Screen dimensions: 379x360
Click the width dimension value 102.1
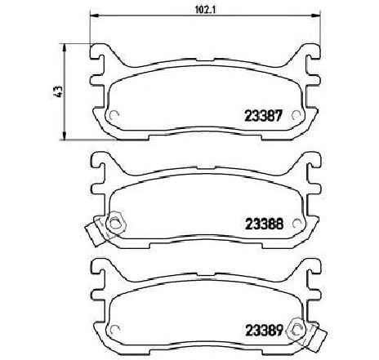point(206,10)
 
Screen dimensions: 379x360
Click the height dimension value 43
point(59,91)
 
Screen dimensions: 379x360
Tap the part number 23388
point(265,224)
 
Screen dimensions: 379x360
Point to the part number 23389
point(264,331)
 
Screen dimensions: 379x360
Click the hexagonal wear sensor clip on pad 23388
point(116,224)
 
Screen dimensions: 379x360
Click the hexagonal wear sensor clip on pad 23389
point(298,331)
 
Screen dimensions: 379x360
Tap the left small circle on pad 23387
point(114,116)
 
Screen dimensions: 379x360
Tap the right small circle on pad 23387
point(296,115)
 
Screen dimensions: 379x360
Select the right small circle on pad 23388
point(296,224)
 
